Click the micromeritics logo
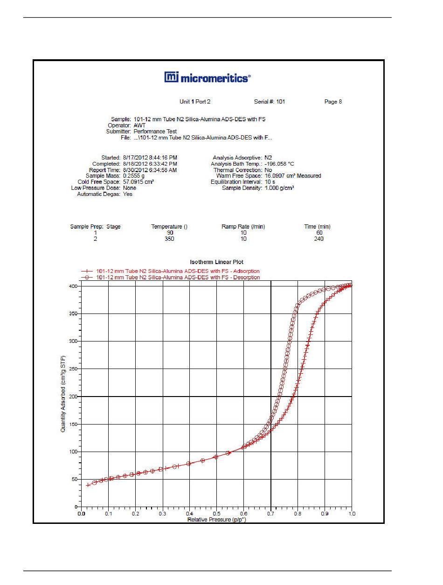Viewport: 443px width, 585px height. pos(207,77)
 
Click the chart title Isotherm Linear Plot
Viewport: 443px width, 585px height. pos(216,262)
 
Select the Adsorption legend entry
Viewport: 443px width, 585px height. pos(170,271)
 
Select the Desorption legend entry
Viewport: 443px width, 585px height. pos(170,278)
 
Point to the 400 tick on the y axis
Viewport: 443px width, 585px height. pos(73,286)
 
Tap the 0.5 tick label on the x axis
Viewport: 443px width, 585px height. pos(216,514)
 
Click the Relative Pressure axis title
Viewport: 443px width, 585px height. pos(216,519)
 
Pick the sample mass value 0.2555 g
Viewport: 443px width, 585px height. pos(134,175)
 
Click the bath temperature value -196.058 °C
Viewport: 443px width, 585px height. pos(279,164)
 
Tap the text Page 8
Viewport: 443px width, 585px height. pos(333,102)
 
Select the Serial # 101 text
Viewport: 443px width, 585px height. pos(270,102)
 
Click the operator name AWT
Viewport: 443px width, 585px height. pos(139,125)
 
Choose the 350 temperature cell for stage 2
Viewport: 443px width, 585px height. pos(169,238)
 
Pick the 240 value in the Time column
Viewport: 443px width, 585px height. pos(318,238)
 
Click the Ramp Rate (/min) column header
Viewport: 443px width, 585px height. pos(243,227)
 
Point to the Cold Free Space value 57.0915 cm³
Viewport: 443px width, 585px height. pos(138,182)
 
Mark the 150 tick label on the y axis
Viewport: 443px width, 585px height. pos(73,424)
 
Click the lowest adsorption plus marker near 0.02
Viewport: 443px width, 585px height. pos(88,485)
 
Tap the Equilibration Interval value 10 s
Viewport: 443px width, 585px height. pos(270,182)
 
